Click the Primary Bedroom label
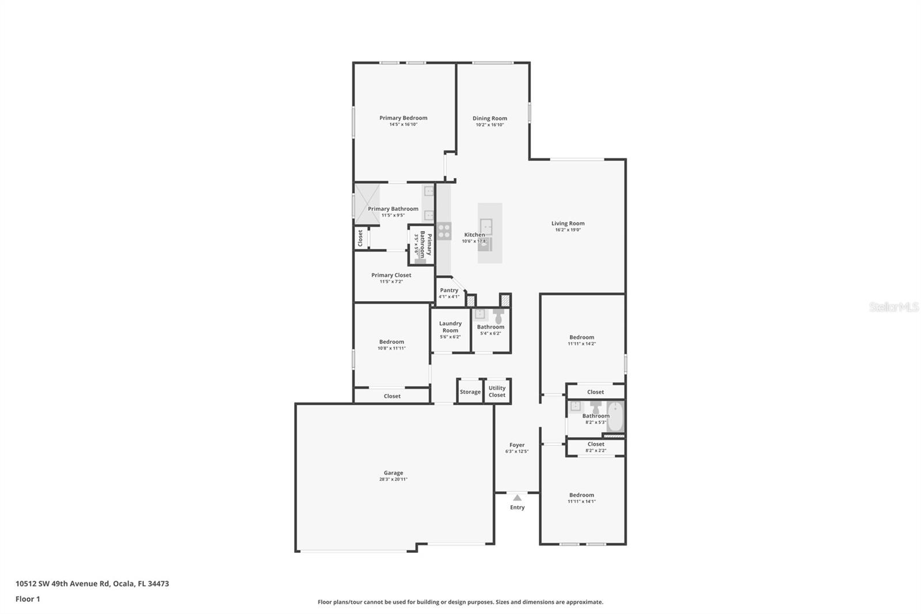pos(403,118)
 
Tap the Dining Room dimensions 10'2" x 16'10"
pos(490,125)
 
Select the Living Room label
pos(568,223)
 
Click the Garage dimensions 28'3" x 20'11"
pos(393,479)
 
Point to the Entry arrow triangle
pos(517,498)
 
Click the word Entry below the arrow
pos(517,507)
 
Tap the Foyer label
pos(517,445)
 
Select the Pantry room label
pos(449,290)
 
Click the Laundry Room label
pos(450,327)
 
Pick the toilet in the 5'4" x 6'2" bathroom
pos(498,315)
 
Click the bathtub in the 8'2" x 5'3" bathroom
pos(615,416)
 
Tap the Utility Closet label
pos(497,392)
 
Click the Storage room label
pos(470,392)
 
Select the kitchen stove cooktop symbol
pos(444,231)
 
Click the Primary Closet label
pos(391,275)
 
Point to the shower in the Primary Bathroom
pos(367,203)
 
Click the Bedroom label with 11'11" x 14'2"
pos(581,338)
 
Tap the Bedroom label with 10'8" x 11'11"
pos(391,342)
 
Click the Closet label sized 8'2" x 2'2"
pos(596,444)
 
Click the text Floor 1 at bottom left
pos(28,599)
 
